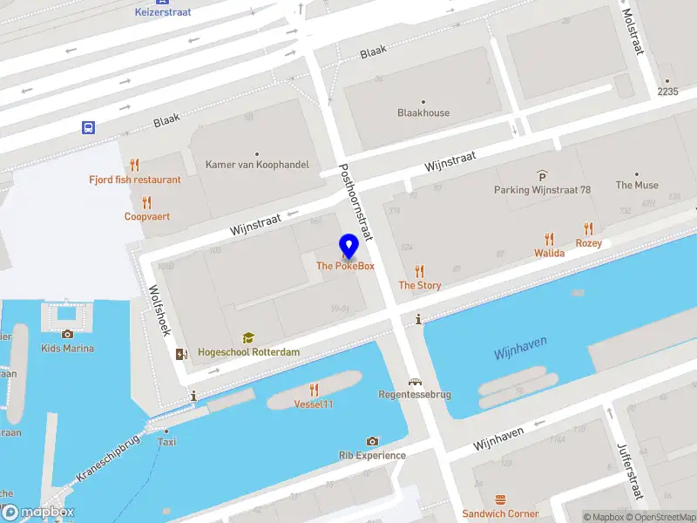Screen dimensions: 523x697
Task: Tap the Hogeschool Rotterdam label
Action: pos(248,351)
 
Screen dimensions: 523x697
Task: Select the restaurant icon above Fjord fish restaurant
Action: pos(134,165)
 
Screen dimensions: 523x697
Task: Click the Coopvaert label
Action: pos(146,216)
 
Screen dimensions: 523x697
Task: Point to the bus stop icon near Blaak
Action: pos(89,127)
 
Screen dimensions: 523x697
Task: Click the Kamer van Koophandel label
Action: pos(257,164)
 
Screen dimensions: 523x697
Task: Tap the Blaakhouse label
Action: pos(423,112)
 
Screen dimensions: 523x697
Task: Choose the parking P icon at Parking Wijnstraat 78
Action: pos(542,174)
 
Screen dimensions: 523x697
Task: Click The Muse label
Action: pos(637,185)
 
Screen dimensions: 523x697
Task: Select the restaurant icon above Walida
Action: pos(549,238)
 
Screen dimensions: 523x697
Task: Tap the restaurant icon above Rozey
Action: pos(588,228)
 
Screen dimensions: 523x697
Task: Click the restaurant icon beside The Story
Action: pos(420,270)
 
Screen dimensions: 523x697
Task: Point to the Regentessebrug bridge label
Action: pos(415,394)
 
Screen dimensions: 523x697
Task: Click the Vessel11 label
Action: pos(314,404)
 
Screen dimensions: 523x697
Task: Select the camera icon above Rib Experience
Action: pos(372,441)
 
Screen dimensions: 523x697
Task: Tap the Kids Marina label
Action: pos(67,349)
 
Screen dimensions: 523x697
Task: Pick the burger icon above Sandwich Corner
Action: pos(500,499)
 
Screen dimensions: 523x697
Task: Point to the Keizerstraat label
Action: pos(163,12)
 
